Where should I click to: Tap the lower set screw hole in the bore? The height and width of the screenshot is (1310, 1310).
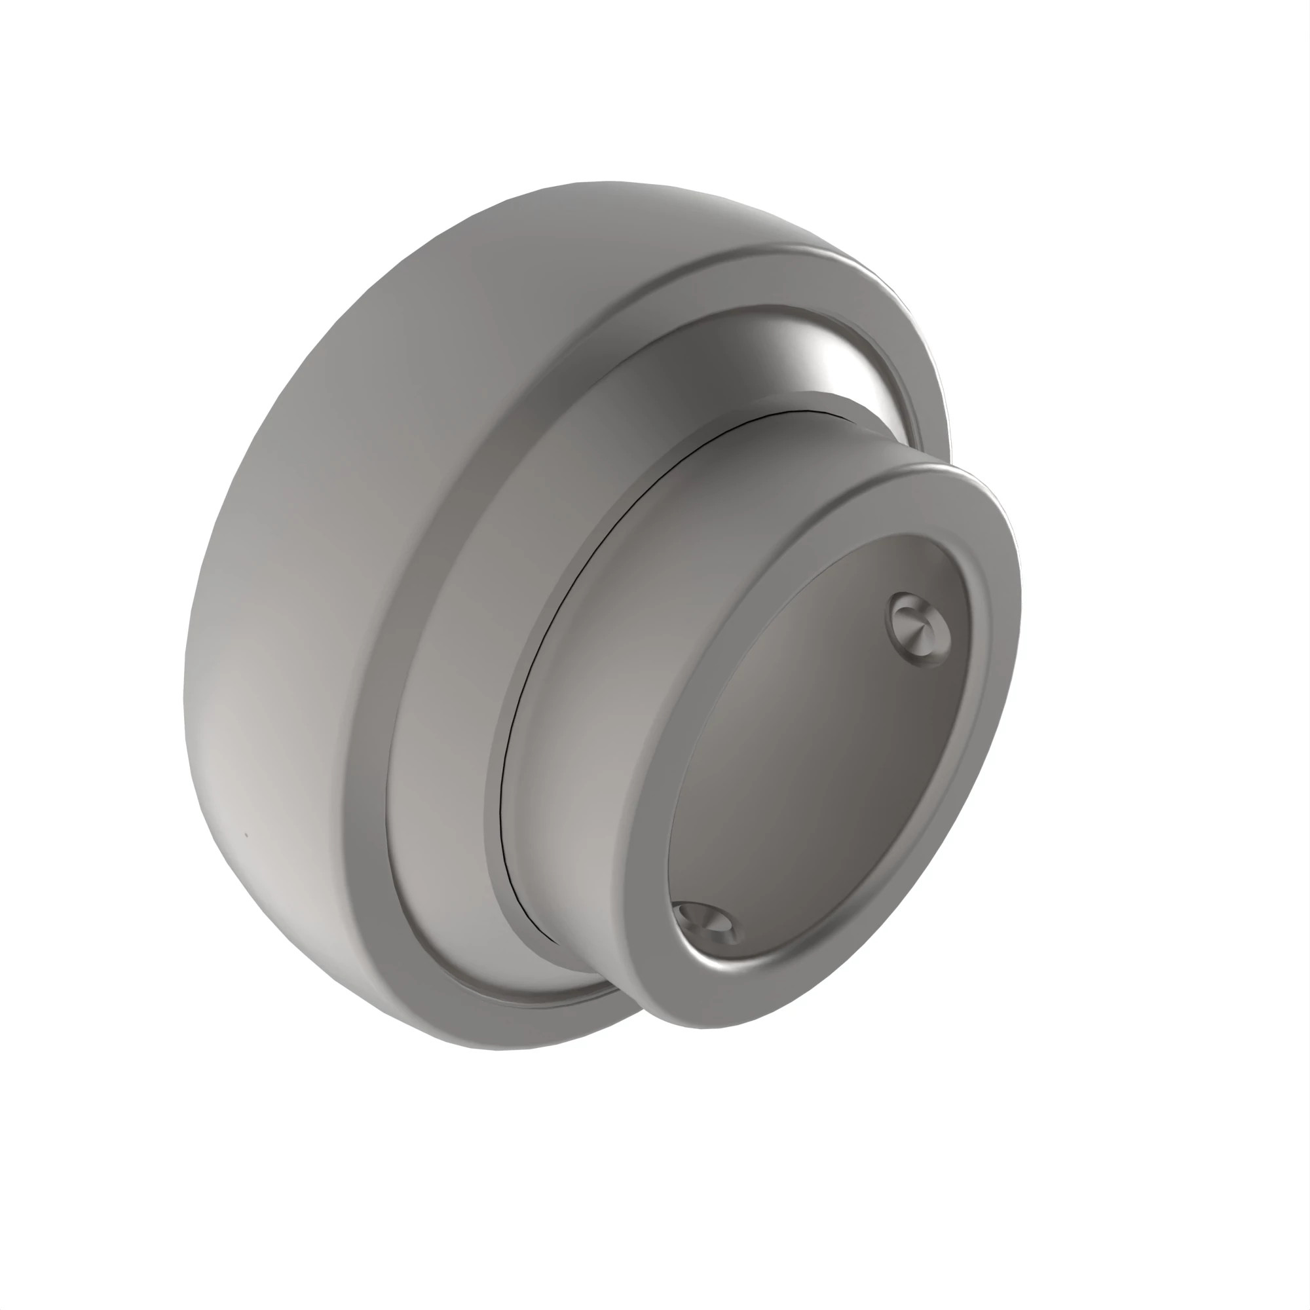(707, 922)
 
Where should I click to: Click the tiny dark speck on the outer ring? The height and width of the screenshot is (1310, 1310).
(246, 835)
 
